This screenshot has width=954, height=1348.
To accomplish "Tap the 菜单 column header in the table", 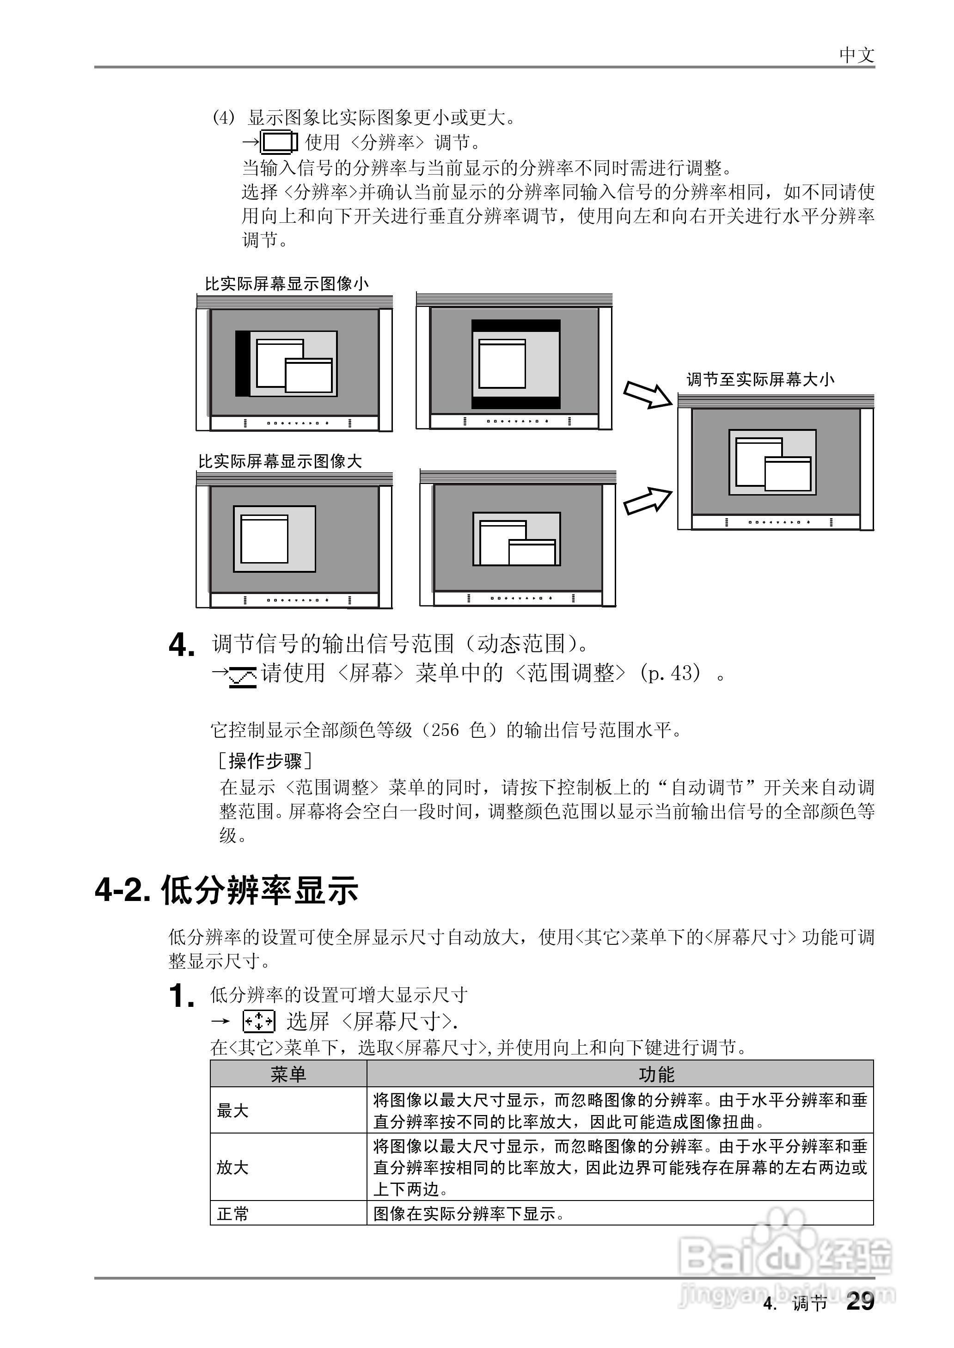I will click(288, 1074).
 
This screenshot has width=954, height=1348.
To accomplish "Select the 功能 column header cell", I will click(656, 1074).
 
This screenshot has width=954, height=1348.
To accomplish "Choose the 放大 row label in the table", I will click(232, 1167).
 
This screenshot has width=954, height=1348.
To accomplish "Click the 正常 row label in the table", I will click(232, 1213).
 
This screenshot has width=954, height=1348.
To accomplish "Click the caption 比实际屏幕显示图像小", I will click(287, 284).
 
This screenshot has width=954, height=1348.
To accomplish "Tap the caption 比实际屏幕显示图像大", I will click(280, 462).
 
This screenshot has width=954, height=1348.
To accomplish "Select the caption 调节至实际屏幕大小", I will click(760, 380).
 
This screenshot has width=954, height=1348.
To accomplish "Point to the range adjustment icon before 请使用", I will click(243, 677).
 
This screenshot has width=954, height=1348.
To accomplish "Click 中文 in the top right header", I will click(856, 55).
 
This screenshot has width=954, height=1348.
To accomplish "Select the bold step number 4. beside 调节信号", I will click(182, 646).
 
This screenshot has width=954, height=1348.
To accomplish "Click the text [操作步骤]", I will click(265, 761).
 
